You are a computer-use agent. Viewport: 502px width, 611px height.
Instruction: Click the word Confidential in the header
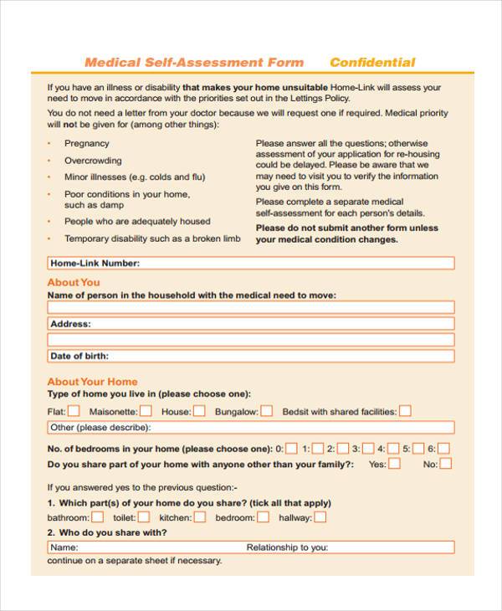372,62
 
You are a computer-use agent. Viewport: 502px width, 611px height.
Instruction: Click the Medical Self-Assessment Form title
194,62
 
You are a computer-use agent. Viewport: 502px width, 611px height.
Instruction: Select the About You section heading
74,282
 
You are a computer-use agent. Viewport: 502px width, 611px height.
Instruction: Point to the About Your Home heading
92,382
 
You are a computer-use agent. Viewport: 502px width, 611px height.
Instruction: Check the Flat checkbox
74,411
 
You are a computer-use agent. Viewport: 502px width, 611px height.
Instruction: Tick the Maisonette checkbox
146,411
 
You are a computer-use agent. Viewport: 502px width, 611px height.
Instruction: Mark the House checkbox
199,411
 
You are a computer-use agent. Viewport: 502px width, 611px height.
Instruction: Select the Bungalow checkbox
266,411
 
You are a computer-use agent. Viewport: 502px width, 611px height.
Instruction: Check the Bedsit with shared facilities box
405,411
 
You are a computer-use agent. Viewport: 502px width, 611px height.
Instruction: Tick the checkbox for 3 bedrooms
367,448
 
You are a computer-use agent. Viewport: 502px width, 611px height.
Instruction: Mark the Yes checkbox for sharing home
394,464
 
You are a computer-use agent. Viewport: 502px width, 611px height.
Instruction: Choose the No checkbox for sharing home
446,464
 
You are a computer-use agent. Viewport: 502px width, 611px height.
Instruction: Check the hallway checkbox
319,517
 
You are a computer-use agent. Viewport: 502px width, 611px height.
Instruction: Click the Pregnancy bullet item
87,143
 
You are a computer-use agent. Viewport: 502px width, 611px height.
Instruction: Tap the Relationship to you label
287,547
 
